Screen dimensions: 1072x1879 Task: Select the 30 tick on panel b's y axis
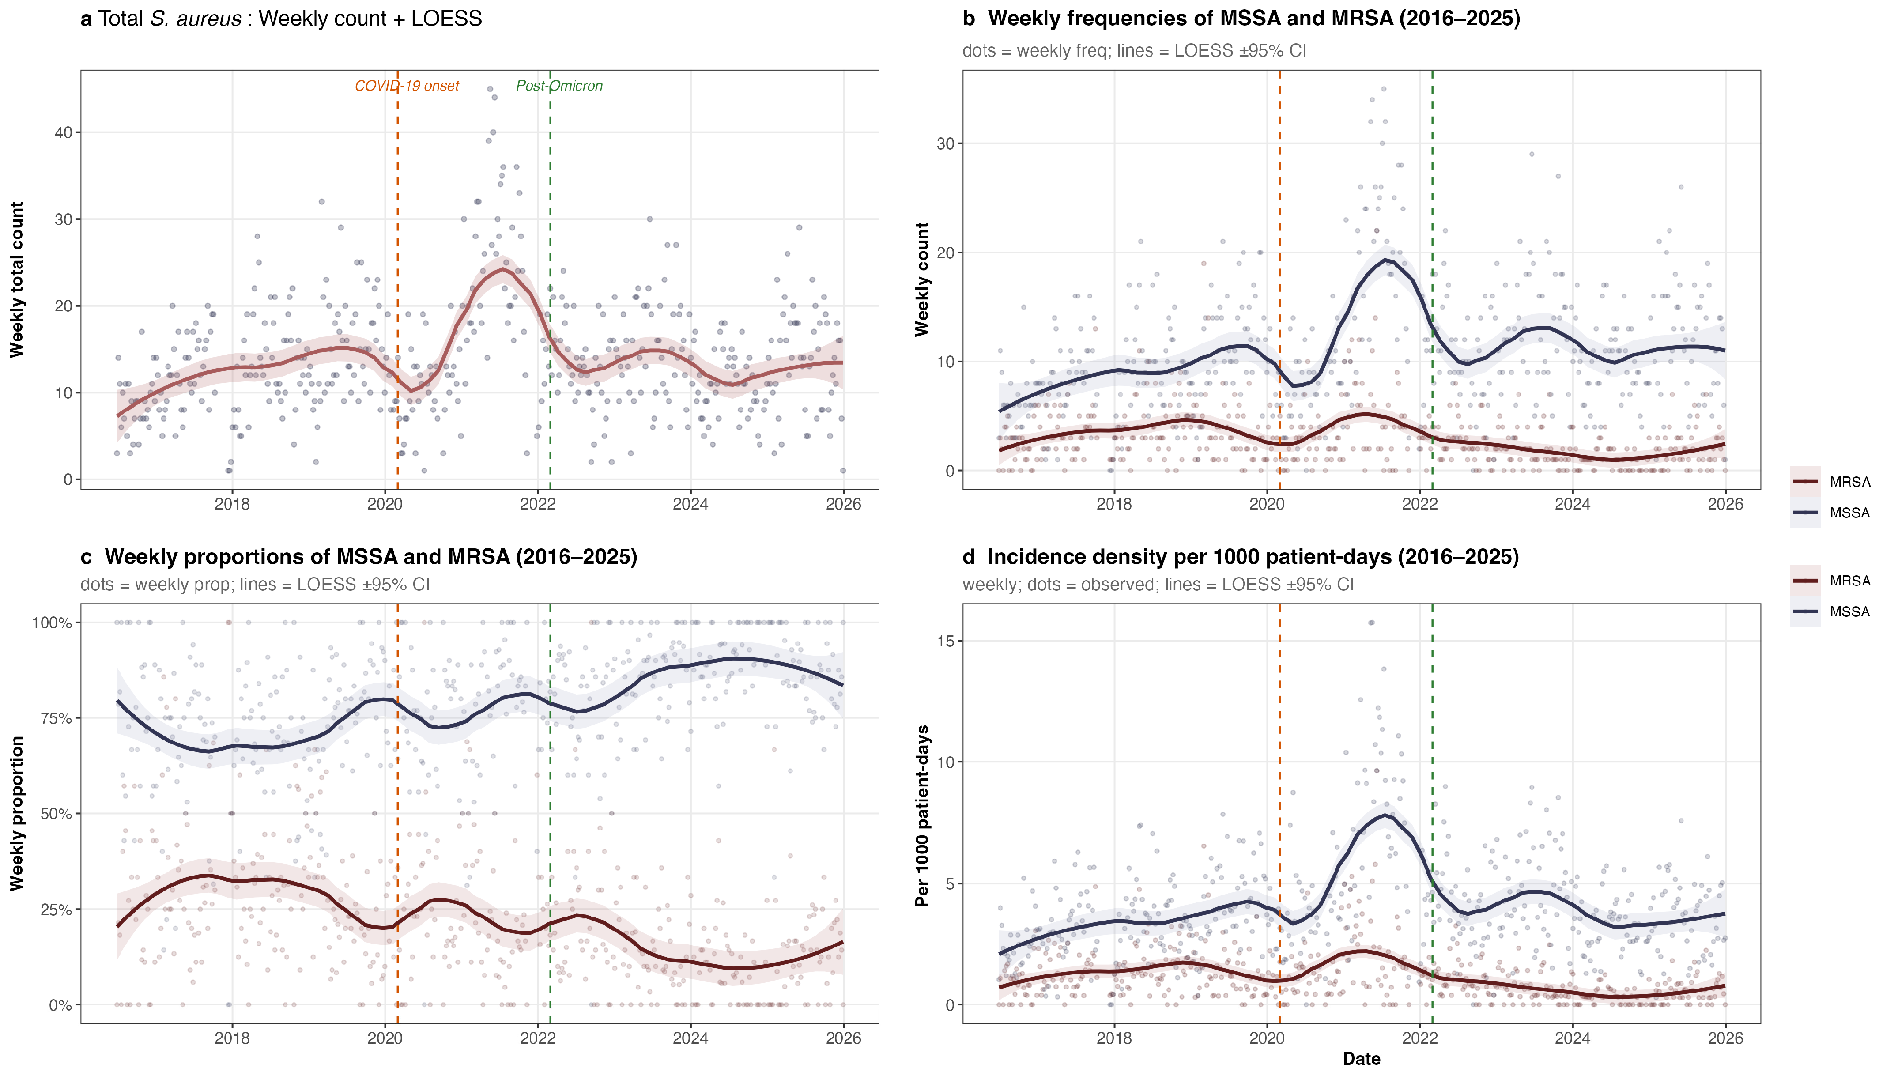(x=945, y=143)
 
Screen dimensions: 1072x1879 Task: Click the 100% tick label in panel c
(x=52, y=623)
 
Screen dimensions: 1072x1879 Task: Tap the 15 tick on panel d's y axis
(x=945, y=641)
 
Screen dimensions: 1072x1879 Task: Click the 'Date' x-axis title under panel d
(x=1361, y=1059)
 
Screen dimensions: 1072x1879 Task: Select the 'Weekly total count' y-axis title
(x=17, y=280)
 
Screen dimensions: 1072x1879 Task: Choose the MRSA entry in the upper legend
(x=1849, y=482)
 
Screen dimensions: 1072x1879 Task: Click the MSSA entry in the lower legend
(x=1849, y=612)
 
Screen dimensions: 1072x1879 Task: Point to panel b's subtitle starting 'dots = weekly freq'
(x=1133, y=51)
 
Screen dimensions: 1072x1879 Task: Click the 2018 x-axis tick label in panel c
(x=232, y=1038)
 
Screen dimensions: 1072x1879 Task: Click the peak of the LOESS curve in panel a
(x=503, y=269)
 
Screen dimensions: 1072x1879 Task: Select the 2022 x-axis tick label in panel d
(x=1419, y=1038)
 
